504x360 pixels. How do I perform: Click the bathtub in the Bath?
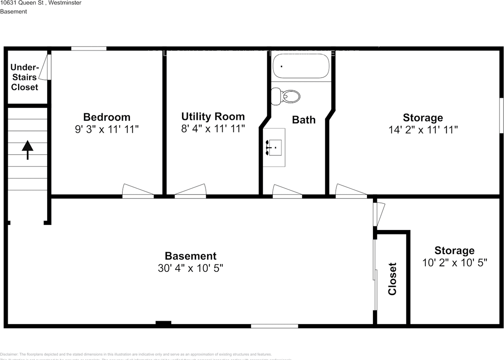pyautogui.click(x=301, y=66)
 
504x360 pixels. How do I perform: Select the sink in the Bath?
pyautogui.click(x=275, y=147)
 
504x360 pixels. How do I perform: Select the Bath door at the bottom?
pyautogui.click(x=287, y=191)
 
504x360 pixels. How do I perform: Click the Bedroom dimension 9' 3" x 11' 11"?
pyautogui.click(x=107, y=129)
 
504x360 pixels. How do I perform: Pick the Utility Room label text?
pyautogui.click(x=213, y=117)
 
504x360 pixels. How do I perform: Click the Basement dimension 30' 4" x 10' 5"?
pyautogui.click(x=191, y=268)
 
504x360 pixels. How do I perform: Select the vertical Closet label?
pyautogui.click(x=392, y=278)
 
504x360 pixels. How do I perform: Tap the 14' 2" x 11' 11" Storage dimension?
pyautogui.click(x=423, y=130)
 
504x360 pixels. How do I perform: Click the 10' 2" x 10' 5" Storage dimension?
pyautogui.click(x=454, y=262)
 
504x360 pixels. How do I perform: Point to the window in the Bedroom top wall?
pyautogui.click(x=89, y=48)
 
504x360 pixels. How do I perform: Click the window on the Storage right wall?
pyautogui.click(x=501, y=115)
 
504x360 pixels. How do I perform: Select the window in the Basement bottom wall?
pyautogui.click(x=274, y=326)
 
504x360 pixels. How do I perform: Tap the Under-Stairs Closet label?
pyautogui.click(x=24, y=77)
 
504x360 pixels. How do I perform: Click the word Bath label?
pyautogui.click(x=304, y=120)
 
